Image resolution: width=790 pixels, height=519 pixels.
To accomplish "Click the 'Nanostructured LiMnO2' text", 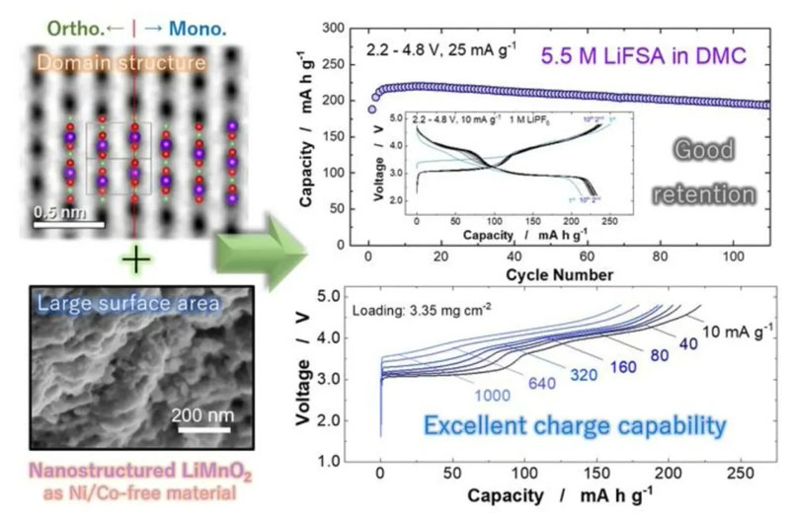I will (134, 470).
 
